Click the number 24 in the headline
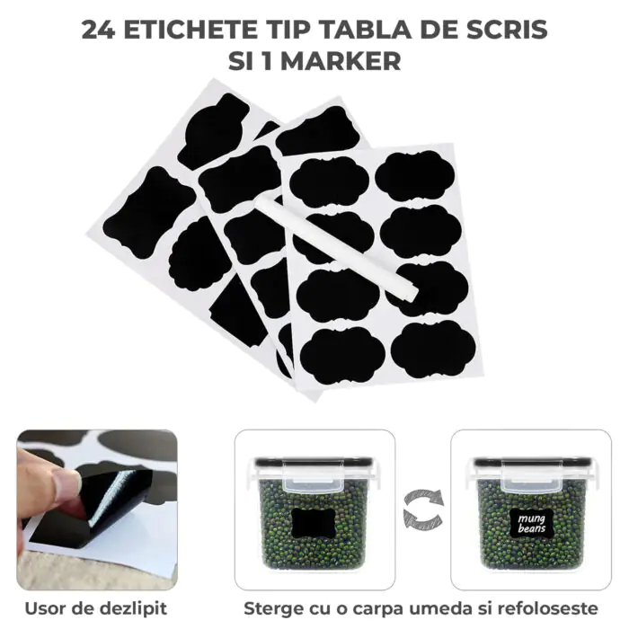pos(98,30)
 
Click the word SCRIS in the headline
pos(508,30)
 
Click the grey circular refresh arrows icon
pos(423,509)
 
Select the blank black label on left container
pos(314,523)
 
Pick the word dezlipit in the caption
pos(133,608)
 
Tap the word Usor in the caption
pos(46,608)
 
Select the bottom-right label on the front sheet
pos(433,349)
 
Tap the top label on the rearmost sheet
pos(213,131)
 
